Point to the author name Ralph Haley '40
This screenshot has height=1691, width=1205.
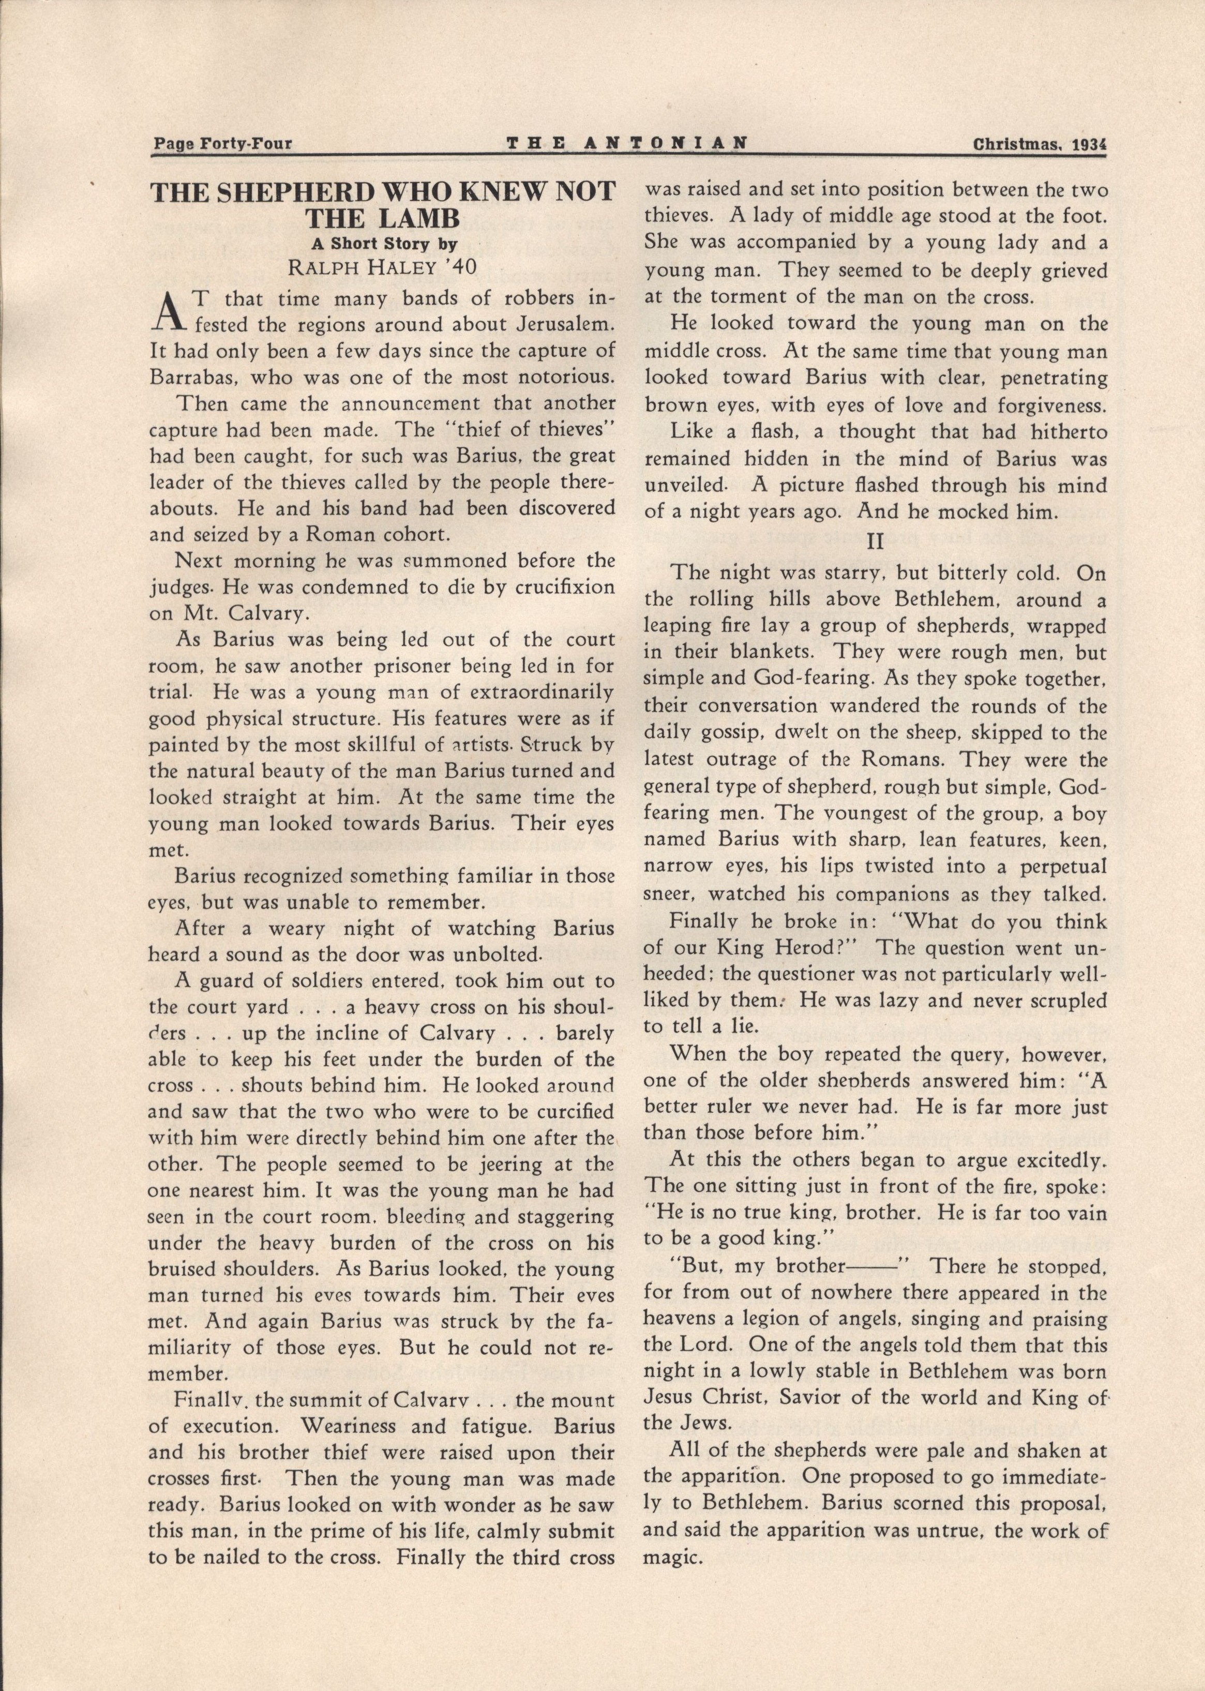tap(382, 267)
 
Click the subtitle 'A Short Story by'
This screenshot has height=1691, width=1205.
tap(383, 244)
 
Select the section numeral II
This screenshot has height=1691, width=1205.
tap(876, 541)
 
